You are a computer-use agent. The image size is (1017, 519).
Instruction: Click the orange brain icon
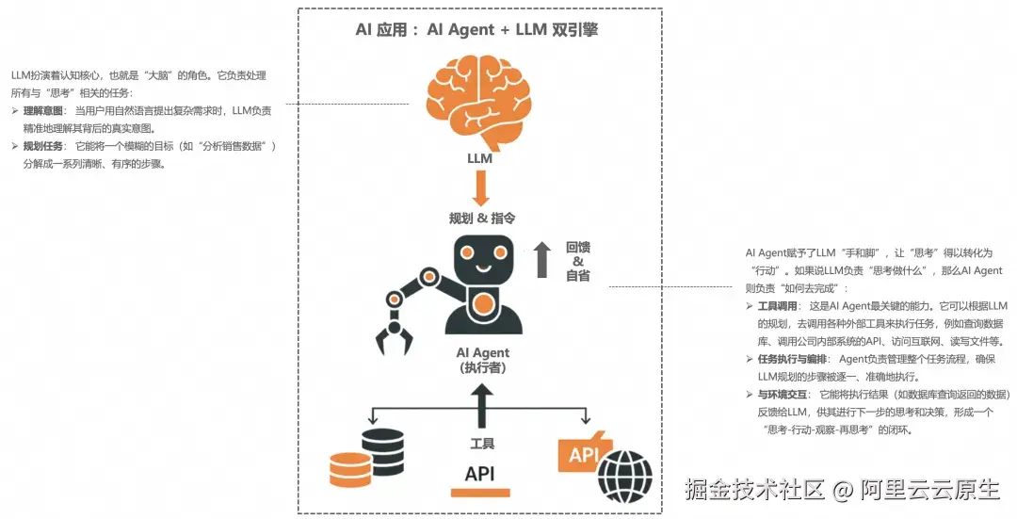[479, 100]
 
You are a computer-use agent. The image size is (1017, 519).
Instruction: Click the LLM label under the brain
[480, 158]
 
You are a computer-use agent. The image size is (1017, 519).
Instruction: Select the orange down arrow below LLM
[480, 187]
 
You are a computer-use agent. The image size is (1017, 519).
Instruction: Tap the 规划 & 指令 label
[481, 218]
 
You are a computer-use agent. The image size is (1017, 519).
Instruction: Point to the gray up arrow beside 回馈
[541, 259]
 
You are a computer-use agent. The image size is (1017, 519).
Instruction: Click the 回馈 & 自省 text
[578, 261]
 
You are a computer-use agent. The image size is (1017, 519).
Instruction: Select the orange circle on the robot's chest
[483, 304]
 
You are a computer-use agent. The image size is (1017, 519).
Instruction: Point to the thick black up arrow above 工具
[481, 404]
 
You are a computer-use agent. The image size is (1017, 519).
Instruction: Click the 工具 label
[481, 443]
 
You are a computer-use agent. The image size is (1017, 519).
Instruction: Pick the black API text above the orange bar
[479, 473]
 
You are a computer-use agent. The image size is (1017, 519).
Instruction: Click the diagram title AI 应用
[381, 29]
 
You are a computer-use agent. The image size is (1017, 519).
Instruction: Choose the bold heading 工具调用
[778, 307]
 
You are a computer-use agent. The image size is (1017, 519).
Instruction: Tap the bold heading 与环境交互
[783, 395]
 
